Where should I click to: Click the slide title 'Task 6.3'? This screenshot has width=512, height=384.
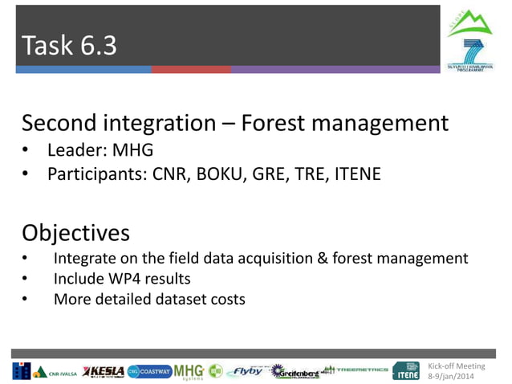[x=69, y=46]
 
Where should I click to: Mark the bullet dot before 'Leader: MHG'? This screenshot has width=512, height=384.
[x=26, y=151]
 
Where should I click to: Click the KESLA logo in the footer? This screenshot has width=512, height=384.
[x=103, y=370]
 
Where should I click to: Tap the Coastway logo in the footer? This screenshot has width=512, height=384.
[x=149, y=370]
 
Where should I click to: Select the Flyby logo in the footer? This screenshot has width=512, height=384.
[x=246, y=371]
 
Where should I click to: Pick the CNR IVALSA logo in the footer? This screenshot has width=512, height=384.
[x=55, y=372]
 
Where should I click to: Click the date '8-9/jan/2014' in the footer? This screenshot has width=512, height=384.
[x=454, y=376]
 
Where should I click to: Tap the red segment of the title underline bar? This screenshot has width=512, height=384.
[x=191, y=70]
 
